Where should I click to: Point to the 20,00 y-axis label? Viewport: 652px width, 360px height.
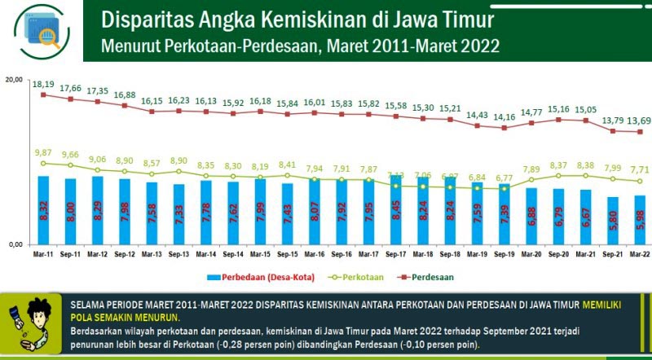click(x=14, y=80)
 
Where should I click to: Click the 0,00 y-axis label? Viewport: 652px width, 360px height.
click(x=15, y=244)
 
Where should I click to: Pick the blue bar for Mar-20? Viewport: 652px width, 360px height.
click(x=531, y=216)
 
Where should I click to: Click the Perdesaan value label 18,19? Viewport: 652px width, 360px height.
click(x=43, y=84)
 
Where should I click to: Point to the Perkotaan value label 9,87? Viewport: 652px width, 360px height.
click(x=43, y=152)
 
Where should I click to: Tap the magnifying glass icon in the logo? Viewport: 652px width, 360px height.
click(x=49, y=37)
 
